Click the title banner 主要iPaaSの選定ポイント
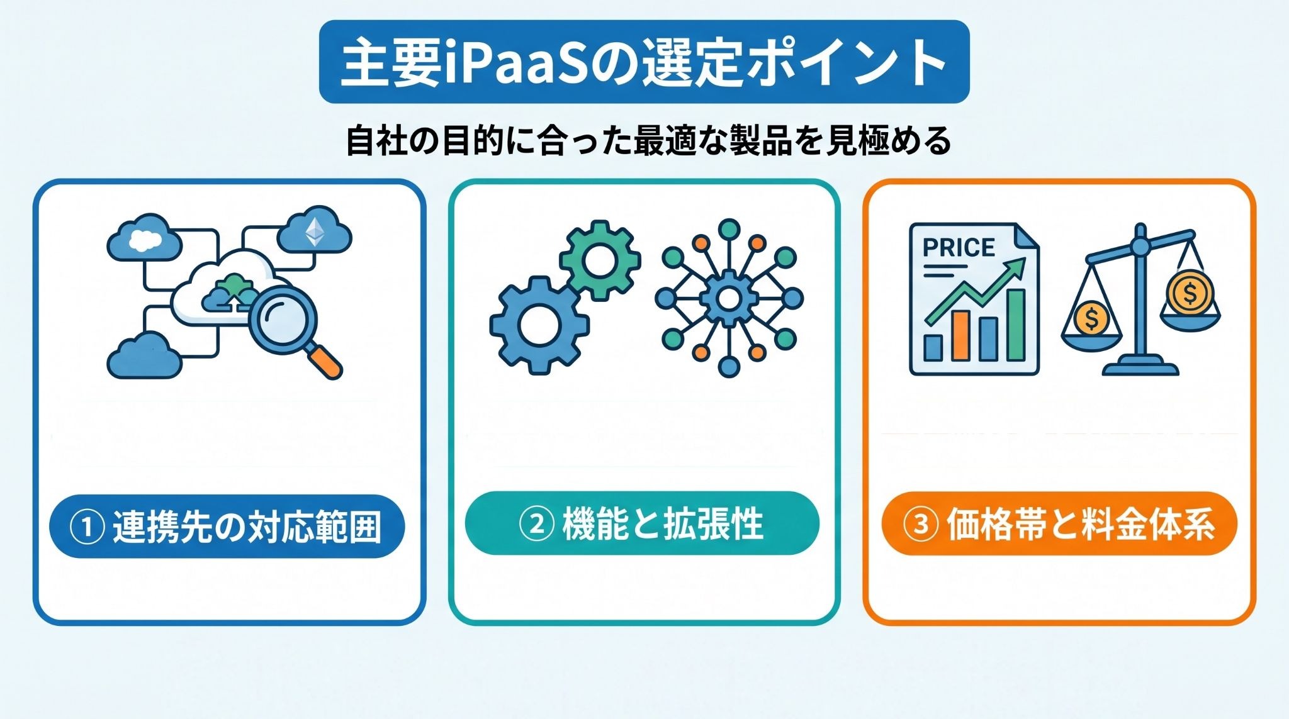644,62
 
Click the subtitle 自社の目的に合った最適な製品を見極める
648,141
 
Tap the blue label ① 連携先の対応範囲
227,527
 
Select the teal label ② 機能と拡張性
642,523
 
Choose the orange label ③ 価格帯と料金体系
1059,524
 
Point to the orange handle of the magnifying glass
325,362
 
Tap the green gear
600,260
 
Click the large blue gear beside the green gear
539,325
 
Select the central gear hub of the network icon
729,298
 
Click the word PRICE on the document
959,247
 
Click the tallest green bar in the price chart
1016,325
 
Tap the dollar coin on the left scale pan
1091,318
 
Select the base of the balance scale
1140,366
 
